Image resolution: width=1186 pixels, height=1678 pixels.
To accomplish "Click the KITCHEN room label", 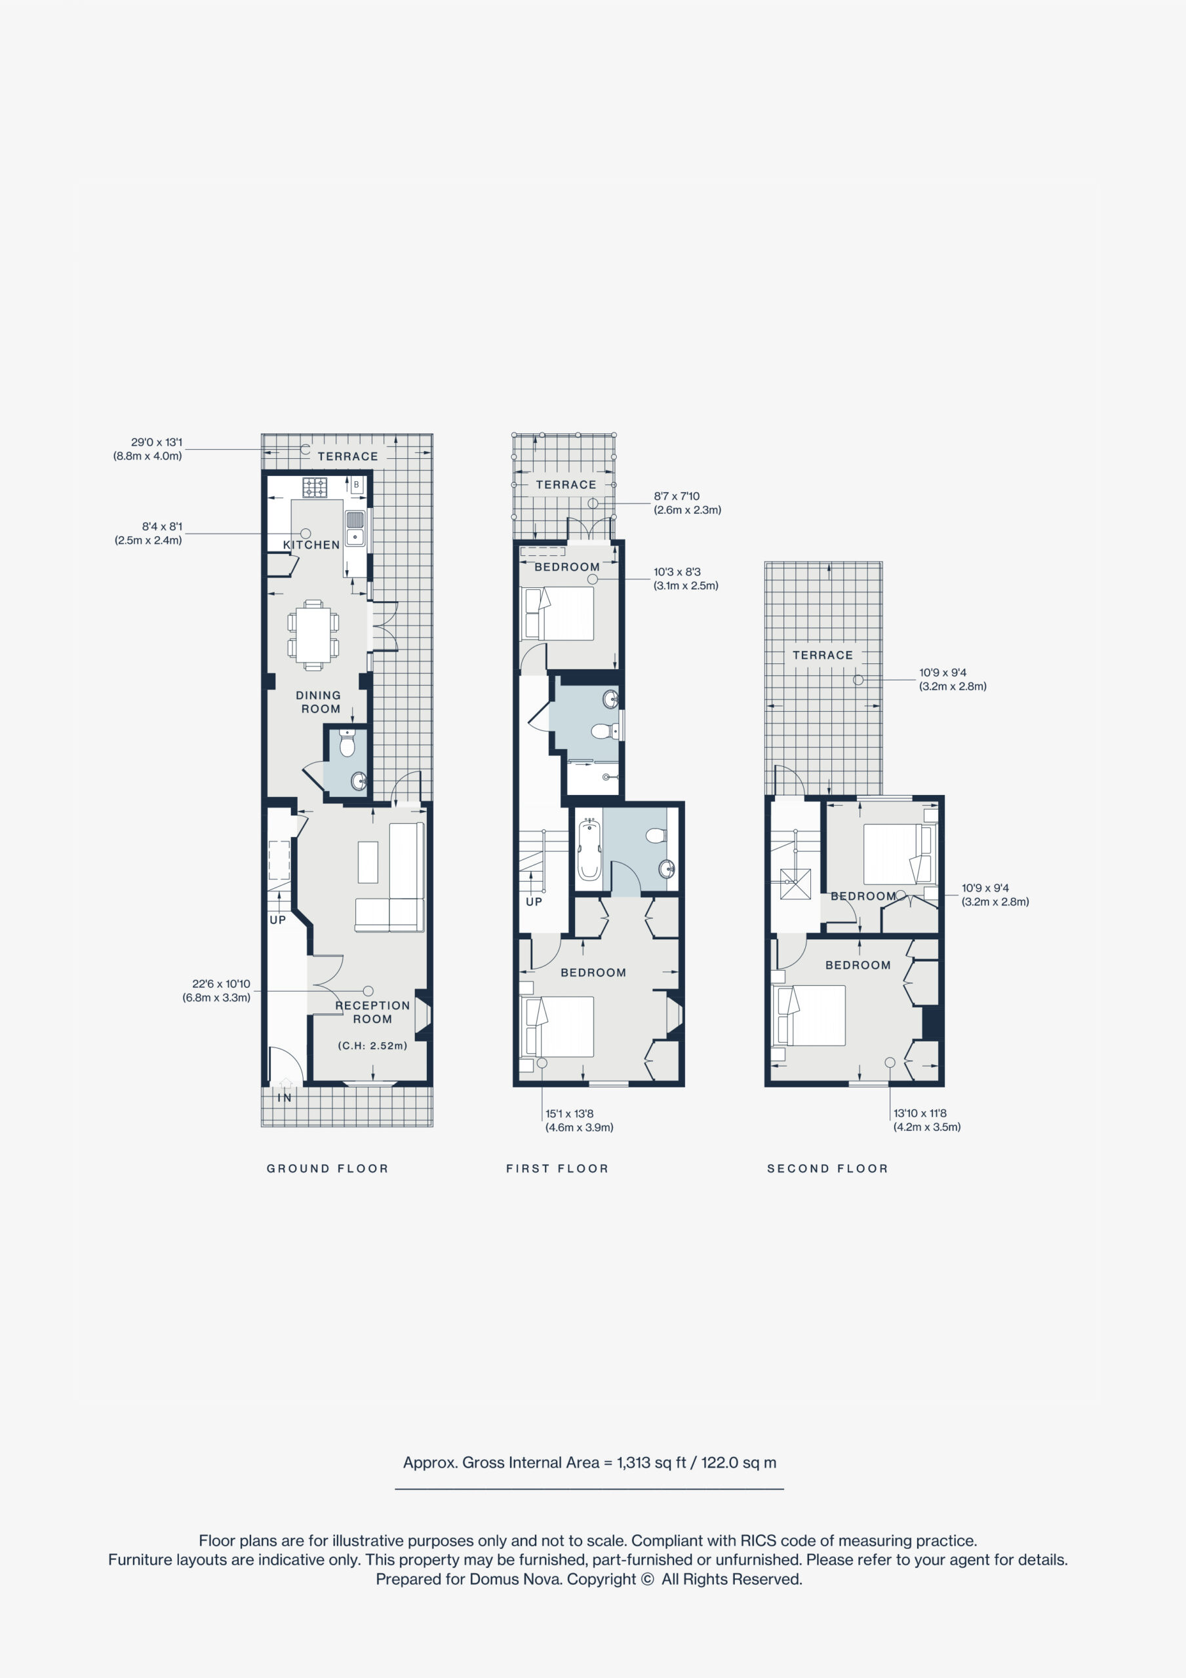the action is [311, 545].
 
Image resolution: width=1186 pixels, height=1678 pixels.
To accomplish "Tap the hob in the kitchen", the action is [315, 488].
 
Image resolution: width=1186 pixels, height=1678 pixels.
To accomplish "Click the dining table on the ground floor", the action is [313, 634].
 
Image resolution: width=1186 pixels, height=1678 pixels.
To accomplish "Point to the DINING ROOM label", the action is [319, 702].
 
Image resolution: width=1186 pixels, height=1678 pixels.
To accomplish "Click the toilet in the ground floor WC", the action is [347, 743].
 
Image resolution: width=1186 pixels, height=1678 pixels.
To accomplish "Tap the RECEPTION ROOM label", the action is [373, 1012].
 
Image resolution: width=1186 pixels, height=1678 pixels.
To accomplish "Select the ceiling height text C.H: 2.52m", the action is [373, 1046].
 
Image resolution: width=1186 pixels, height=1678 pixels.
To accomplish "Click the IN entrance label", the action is [285, 1098].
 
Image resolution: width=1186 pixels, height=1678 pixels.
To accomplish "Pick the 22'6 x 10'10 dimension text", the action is [221, 984].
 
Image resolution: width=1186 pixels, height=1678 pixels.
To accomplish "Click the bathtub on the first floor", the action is [589, 850].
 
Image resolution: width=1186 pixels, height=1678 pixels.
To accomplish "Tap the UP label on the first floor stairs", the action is [534, 902].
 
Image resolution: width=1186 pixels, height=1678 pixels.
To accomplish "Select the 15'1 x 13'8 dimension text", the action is [570, 1114].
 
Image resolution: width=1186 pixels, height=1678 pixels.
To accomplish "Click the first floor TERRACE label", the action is [566, 484].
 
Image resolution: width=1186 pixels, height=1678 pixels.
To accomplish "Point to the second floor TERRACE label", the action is [823, 655].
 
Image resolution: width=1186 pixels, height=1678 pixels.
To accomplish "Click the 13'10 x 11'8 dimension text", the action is [920, 1113].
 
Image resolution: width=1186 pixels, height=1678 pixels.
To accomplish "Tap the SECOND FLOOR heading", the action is [828, 1169].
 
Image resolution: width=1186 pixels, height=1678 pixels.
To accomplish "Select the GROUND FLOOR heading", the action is [328, 1169].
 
